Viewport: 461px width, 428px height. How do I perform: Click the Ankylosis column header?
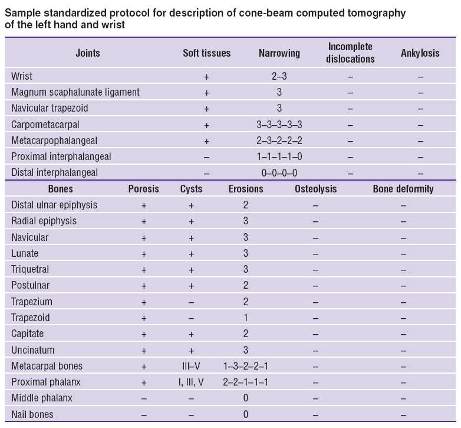coord(420,53)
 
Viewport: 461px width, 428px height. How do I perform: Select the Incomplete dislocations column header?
coord(350,53)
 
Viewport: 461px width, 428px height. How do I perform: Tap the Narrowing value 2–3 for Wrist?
coord(279,76)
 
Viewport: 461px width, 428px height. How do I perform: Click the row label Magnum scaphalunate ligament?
coord(75,92)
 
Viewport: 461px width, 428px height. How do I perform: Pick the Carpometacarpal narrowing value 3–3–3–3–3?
coord(279,125)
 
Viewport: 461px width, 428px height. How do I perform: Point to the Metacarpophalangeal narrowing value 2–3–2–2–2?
coord(279,141)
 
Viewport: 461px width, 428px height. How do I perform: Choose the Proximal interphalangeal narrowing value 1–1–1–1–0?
coord(279,156)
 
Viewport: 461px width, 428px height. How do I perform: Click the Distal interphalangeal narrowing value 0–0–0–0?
coord(279,172)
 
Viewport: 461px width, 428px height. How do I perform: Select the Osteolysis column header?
coord(315,189)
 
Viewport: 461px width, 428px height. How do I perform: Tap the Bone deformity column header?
coord(403,189)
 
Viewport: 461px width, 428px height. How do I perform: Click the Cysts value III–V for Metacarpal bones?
coord(191,366)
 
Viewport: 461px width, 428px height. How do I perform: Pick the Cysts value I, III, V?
coord(191,382)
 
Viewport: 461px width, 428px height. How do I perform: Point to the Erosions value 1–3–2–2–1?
coord(245,366)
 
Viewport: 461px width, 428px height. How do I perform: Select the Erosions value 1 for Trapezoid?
coord(245,318)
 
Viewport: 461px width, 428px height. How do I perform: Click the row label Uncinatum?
coord(33,350)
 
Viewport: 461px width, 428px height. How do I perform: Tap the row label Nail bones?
coord(32,414)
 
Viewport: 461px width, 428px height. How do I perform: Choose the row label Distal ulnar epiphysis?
coord(54,205)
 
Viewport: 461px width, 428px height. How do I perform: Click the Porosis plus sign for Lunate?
coord(144,254)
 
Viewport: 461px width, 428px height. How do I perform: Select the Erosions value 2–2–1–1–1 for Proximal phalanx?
coord(245,382)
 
